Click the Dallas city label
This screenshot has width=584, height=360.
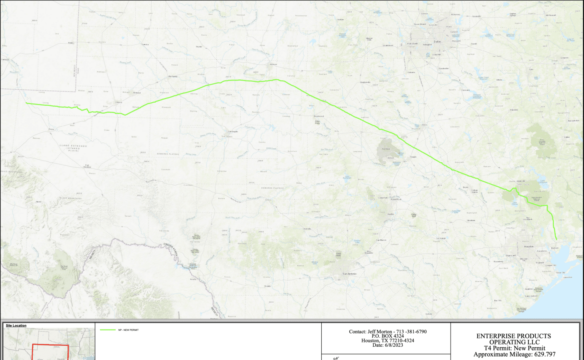pyautogui.click(x=437, y=41)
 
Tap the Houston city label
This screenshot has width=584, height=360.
pyautogui.click(x=529, y=246)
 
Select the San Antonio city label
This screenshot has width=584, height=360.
pyautogui.click(x=349, y=274)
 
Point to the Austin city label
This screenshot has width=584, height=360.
pyautogui.click(x=390, y=214)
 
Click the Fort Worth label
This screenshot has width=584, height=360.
pyautogui.click(x=412, y=44)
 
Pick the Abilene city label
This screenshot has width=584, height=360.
pyautogui.click(x=273, y=64)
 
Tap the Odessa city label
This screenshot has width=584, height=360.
pyautogui.click(x=119, y=102)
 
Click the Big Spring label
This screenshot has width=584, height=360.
pyautogui.click(x=173, y=76)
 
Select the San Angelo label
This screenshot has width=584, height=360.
pyautogui.click(x=233, y=132)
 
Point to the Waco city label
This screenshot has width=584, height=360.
pyautogui.click(x=424, y=124)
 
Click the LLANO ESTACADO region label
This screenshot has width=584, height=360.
pyautogui.click(x=73, y=146)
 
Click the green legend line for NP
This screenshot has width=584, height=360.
pyautogui.click(x=108, y=330)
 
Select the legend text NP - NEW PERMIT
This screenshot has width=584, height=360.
pyautogui.click(x=129, y=330)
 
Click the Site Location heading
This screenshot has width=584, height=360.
pyautogui.click(x=16, y=325)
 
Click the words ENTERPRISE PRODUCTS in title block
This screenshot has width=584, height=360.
pyautogui.click(x=513, y=336)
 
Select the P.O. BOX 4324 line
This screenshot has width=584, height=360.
pyautogui.click(x=388, y=336)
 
